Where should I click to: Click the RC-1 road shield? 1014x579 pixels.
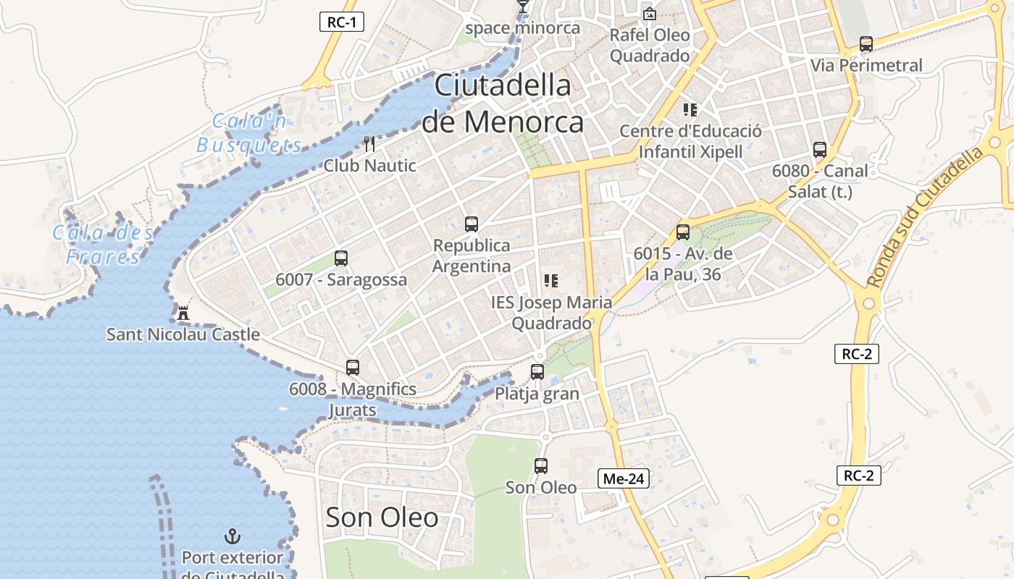341,22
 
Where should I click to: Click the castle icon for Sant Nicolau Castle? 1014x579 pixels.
183,313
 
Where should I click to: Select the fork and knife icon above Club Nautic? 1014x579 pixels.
369,144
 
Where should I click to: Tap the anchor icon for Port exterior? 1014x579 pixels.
232,536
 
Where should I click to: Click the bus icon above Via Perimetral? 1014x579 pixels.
866,44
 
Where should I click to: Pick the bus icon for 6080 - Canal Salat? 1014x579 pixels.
820,150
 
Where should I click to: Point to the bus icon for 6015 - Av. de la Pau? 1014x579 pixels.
683,232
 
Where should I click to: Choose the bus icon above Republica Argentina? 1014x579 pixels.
472,224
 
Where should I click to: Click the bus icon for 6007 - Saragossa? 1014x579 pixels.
341,258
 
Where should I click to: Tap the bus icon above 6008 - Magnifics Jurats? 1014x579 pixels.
353,368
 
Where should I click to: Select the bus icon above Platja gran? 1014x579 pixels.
537,372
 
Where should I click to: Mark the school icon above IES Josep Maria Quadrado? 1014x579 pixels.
551,281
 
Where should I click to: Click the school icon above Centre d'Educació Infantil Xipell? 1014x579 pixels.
690,110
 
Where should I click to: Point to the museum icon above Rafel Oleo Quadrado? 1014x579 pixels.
650,14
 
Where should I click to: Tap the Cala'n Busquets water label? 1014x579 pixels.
249,133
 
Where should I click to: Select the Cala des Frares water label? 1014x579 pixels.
103,245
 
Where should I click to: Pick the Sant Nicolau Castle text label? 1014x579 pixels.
183,334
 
